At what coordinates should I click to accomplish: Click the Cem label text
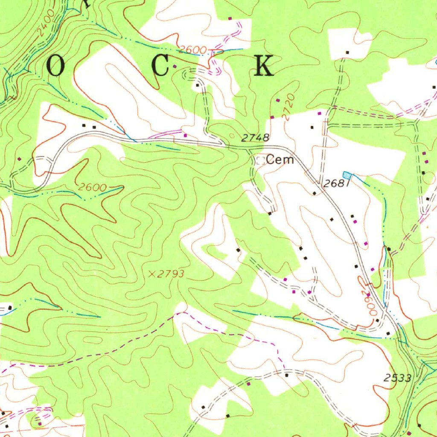(280, 160)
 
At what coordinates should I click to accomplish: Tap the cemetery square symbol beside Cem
(260, 160)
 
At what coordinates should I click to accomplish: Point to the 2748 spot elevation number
(255, 138)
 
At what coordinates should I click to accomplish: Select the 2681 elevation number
(337, 184)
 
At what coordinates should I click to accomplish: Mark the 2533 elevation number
(397, 378)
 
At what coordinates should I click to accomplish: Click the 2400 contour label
(46, 22)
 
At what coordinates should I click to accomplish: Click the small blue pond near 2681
(348, 175)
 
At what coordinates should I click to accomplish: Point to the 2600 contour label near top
(192, 50)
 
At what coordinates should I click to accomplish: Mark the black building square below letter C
(197, 85)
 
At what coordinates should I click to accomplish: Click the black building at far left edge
(10, 307)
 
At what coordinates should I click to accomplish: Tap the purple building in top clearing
(230, 18)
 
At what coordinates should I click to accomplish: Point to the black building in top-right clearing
(347, 52)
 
